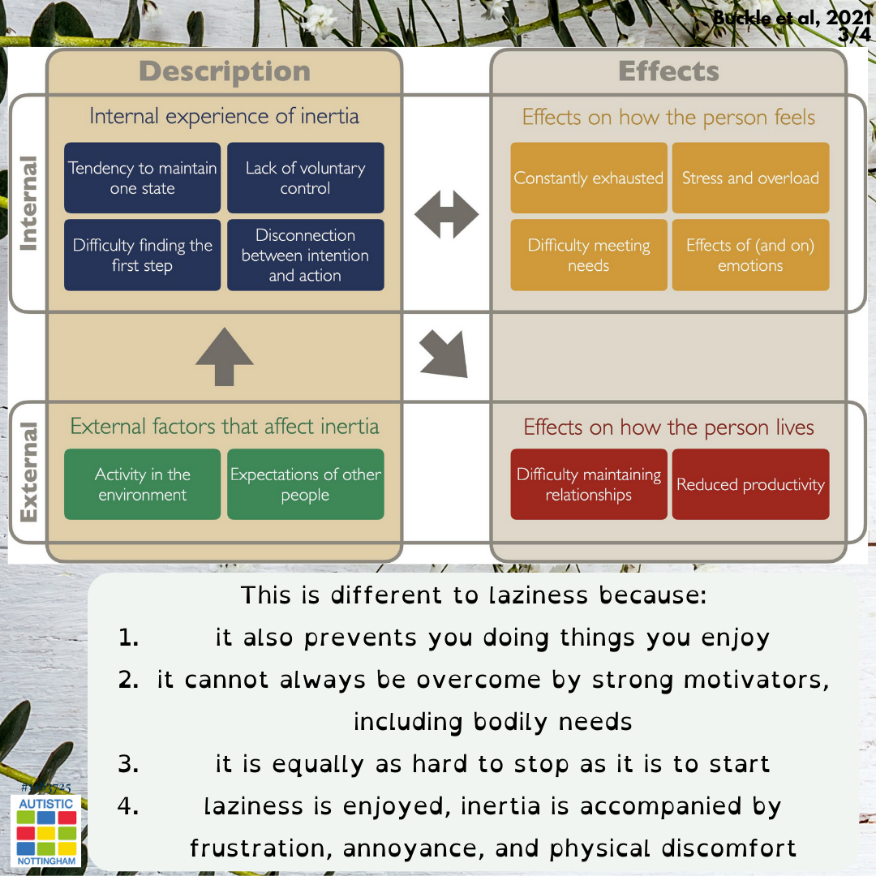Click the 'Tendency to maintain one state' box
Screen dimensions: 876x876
142,178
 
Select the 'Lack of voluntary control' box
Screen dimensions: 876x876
305,178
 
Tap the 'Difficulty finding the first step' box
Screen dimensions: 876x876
142,255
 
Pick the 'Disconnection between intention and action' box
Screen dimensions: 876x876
305,255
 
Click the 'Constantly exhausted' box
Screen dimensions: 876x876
588,178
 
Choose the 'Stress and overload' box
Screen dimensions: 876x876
750,178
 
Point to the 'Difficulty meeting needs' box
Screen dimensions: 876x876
588,255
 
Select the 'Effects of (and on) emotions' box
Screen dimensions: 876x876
750,255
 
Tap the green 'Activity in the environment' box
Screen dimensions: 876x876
142,484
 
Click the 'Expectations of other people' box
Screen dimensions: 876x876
305,484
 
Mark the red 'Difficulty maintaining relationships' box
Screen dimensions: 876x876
588,484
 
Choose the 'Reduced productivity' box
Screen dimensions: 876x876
750,484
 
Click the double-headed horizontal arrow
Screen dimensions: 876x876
446,215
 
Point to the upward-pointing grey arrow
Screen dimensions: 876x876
224,357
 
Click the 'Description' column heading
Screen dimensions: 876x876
225,71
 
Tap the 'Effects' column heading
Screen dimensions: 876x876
668,71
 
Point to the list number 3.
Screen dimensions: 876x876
128,764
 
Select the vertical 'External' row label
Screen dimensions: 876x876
28,472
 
